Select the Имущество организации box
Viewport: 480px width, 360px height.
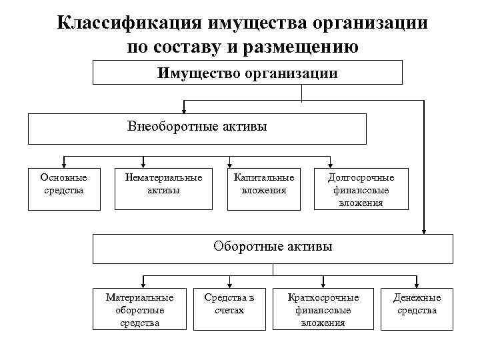(x=247, y=72)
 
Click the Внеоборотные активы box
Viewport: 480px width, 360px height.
(x=197, y=128)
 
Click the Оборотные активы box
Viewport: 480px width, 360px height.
(x=273, y=248)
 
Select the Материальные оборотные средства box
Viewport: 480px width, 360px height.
(x=139, y=309)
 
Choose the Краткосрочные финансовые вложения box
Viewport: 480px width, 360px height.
(x=323, y=309)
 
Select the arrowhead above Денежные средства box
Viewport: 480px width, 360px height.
(x=416, y=283)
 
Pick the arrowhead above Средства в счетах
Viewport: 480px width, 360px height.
(x=211, y=283)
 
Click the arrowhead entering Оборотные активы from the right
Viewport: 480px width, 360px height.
(x=423, y=231)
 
